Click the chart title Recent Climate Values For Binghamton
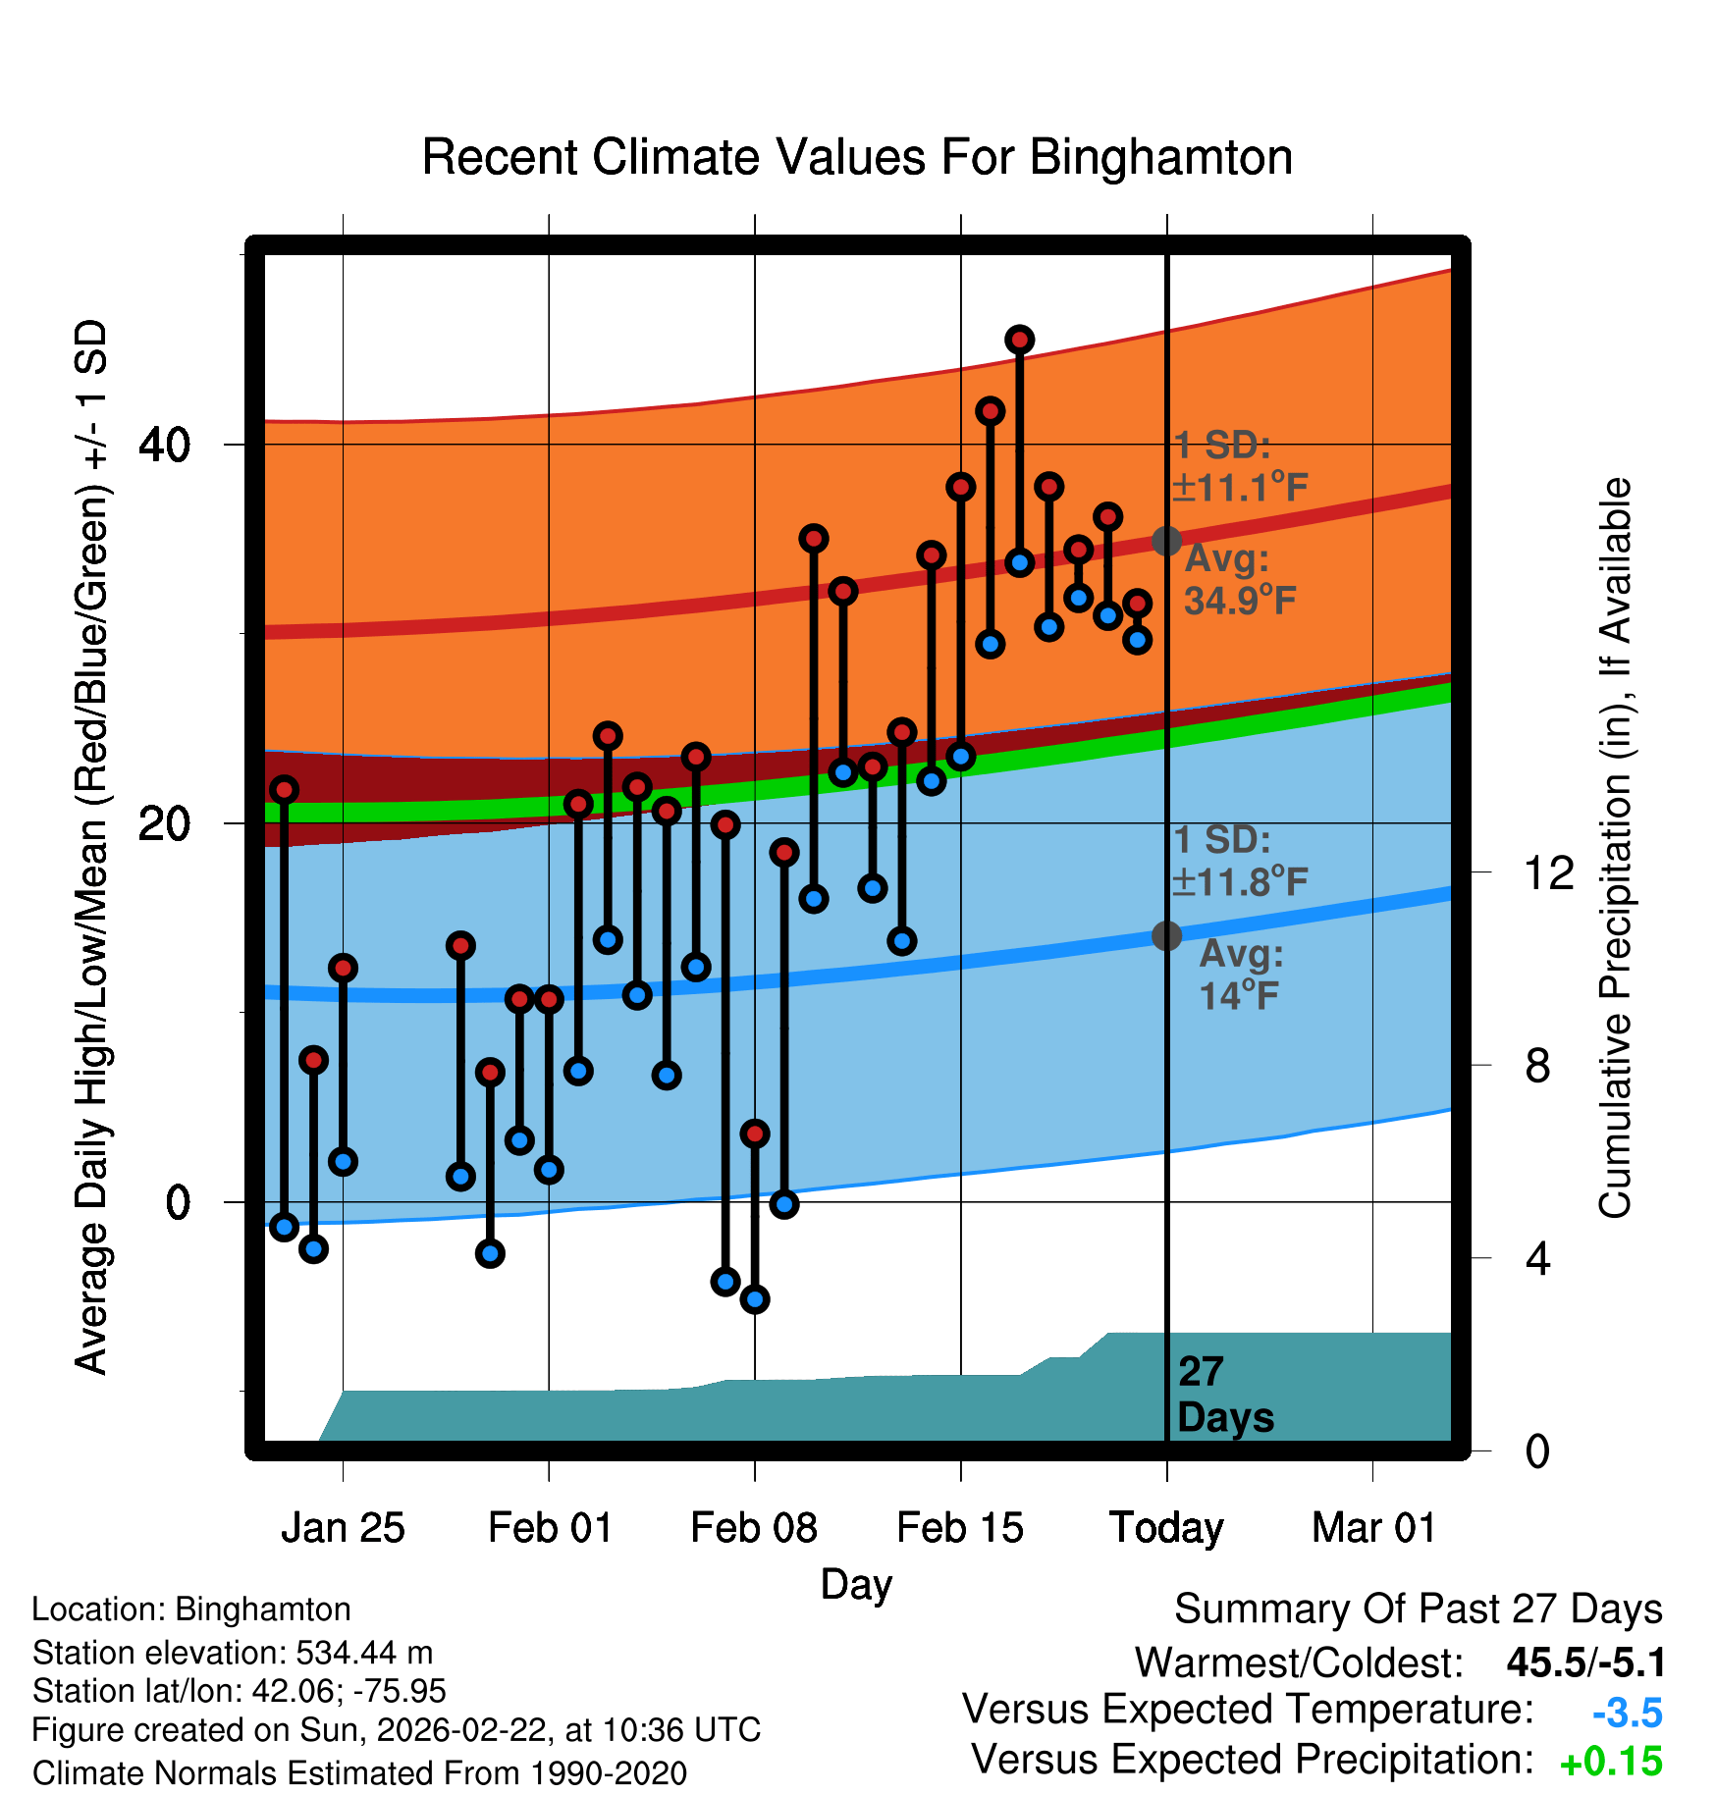(856, 157)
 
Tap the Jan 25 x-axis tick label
(343, 1528)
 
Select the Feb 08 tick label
(754, 1528)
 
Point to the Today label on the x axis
(1166, 1528)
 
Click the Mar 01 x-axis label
(1373, 1528)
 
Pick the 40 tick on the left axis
(164, 446)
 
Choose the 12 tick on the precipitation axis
(1548, 872)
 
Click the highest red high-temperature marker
(1020, 341)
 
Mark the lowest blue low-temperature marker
(755, 1299)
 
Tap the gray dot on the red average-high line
(1166, 541)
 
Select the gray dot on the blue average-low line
(1166, 936)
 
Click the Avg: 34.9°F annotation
(1239, 580)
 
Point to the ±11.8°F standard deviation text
(1241, 882)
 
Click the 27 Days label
(1225, 1395)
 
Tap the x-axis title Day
(856, 1584)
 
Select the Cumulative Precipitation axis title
(1614, 848)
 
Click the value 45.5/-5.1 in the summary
(1585, 1662)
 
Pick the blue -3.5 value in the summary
(1627, 1713)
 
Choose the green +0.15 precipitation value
(1611, 1762)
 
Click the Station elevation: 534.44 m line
(233, 1653)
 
